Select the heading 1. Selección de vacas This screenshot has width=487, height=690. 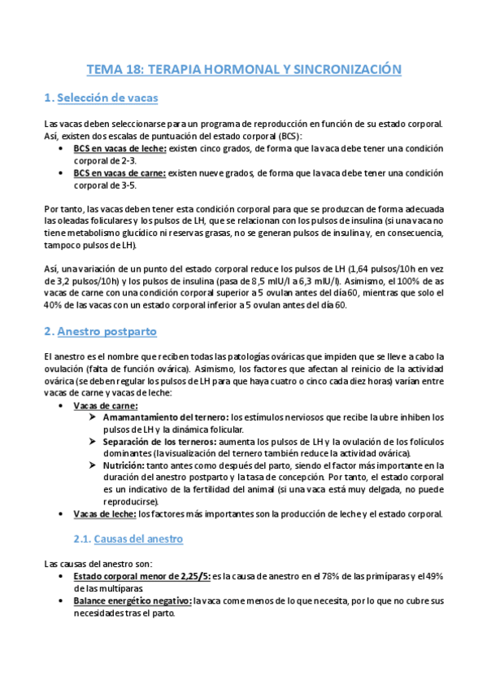coord(101,98)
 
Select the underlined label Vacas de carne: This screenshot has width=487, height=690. coord(106,405)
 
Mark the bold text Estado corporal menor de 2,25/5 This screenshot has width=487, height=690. coord(141,575)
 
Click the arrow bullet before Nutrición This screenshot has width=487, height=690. coord(94,465)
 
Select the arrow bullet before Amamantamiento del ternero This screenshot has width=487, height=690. coord(94,417)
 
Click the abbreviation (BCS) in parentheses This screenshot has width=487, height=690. coord(287,136)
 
